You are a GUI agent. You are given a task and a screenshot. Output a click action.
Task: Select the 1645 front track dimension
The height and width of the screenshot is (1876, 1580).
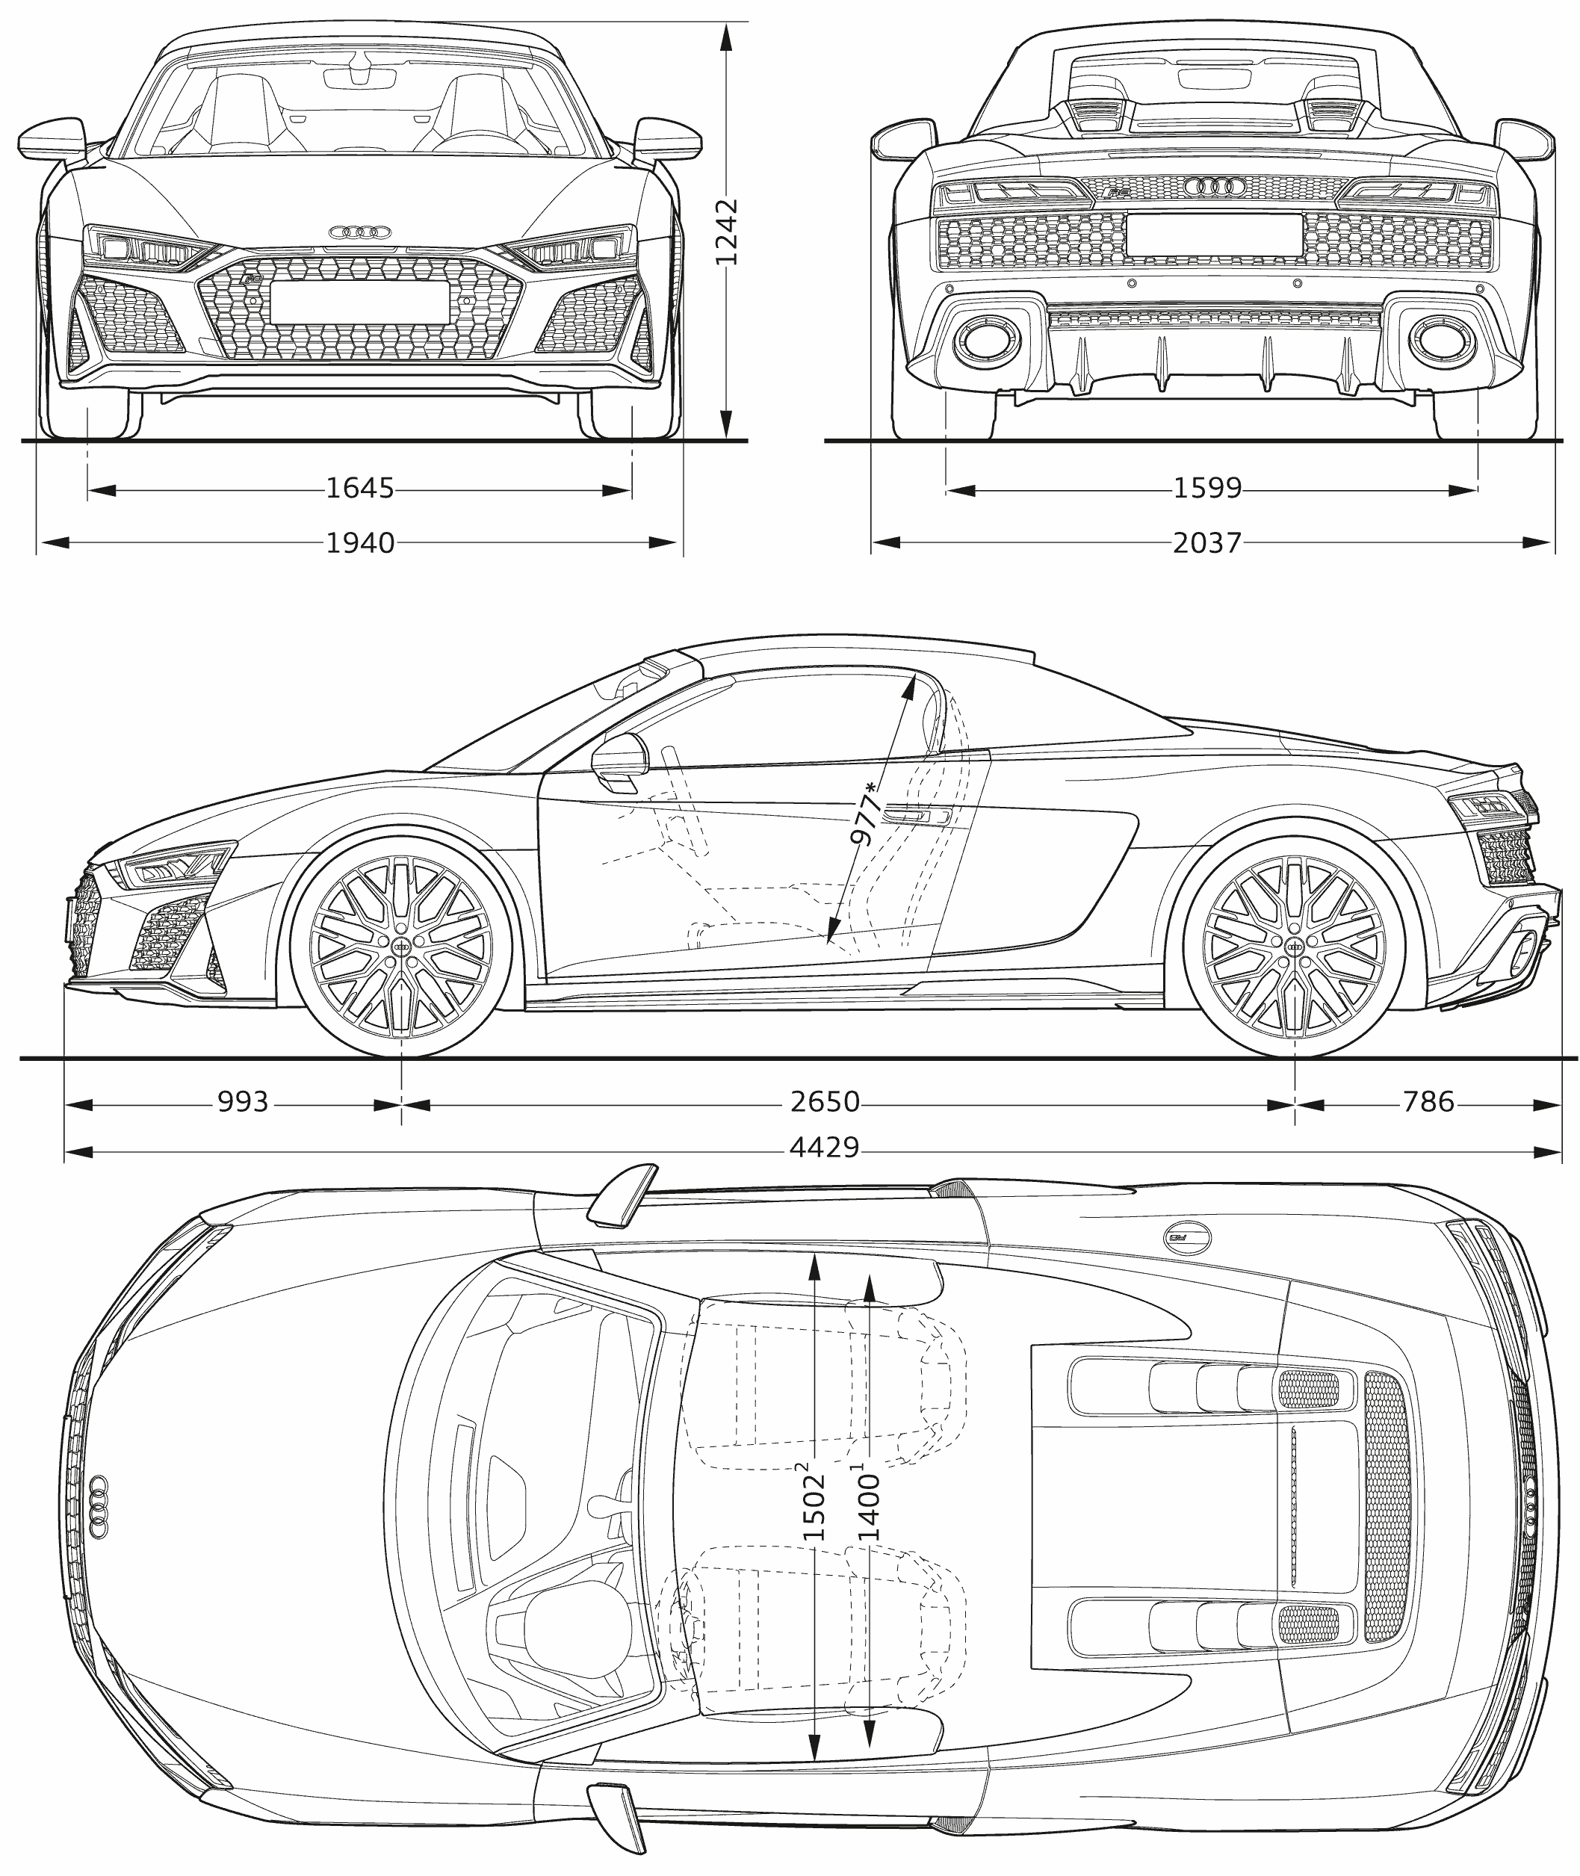[x=359, y=489]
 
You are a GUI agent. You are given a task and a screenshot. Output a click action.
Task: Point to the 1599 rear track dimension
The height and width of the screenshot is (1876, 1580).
[x=1207, y=489]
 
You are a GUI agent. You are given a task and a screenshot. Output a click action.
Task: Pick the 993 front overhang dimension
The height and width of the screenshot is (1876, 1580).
[x=243, y=1102]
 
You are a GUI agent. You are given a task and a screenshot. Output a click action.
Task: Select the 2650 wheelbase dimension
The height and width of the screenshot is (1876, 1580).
[x=824, y=1102]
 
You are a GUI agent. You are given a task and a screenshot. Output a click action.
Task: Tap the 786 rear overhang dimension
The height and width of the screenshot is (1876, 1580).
[x=1428, y=1102]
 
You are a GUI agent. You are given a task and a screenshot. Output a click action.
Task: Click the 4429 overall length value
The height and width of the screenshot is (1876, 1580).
[x=824, y=1148]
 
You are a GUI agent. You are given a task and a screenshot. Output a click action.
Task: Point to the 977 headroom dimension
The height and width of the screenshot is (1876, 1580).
[x=864, y=814]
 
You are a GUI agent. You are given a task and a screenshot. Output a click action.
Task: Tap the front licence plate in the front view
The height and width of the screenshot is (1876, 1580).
[x=359, y=303]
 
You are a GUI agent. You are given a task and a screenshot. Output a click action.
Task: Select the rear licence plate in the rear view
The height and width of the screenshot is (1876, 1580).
[x=1214, y=235]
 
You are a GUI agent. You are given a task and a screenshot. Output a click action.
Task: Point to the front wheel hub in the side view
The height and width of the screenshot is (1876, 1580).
[x=401, y=946]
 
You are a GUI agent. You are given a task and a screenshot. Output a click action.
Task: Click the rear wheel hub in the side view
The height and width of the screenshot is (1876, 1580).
[x=1295, y=946]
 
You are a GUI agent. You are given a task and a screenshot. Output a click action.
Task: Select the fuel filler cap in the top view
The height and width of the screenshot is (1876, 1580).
[x=1189, y=1236]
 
